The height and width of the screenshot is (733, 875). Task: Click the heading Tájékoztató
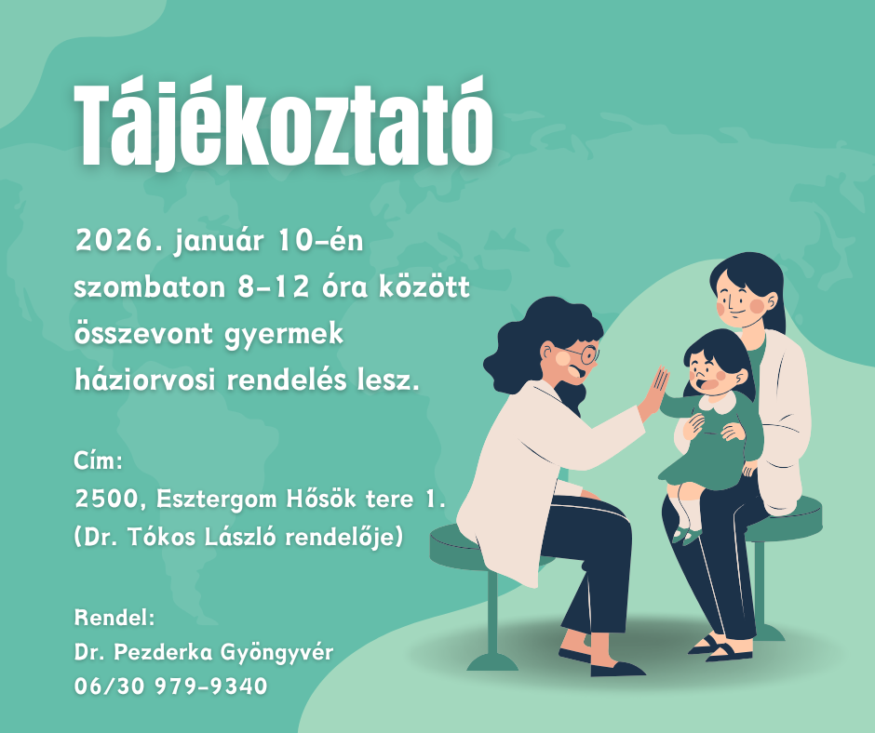click(284, 126)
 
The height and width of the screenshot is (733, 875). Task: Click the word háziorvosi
click(145, 380)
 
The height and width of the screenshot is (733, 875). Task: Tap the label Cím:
click(99, 461)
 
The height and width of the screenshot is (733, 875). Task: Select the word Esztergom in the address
click(217, 500)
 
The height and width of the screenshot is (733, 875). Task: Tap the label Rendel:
click(114, 618)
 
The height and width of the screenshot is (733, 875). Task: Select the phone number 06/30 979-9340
click(170, 686)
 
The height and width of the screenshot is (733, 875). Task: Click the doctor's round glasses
click(585, 354)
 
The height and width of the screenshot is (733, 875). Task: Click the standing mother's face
click(741, 303)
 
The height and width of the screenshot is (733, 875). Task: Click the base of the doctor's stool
click(492, 661)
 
